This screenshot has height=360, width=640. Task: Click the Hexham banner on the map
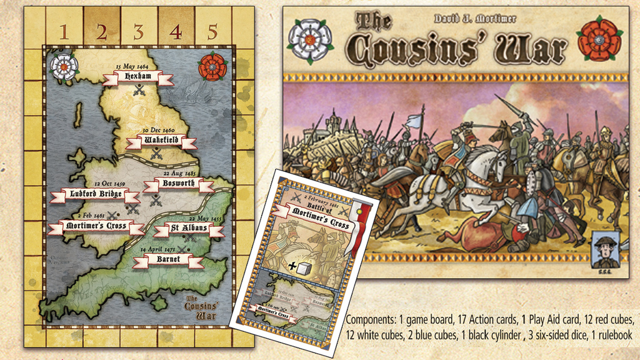[138, 78]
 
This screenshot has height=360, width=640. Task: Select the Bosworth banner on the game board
[177, 185]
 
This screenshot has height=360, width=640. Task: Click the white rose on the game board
[64, 66]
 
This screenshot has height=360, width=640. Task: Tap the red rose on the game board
[212, 66]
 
